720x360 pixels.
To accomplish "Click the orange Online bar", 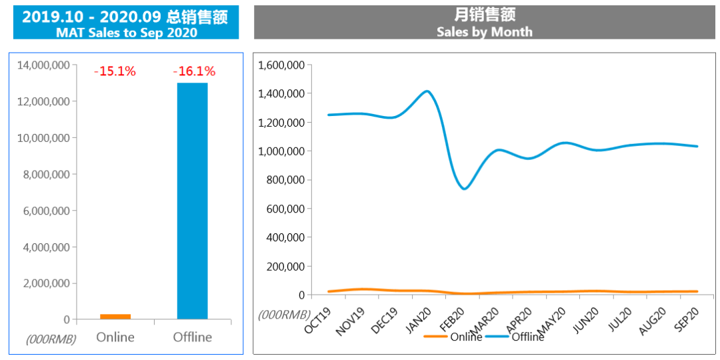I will [115, 317].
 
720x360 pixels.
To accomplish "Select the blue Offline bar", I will [192, 201].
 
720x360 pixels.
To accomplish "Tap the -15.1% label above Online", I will [115, 71].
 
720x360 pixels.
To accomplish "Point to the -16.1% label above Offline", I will [194, 71].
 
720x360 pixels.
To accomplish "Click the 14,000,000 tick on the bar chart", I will [45, 65].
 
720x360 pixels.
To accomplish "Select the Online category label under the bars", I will [115, 337].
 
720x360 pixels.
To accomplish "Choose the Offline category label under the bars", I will [192, 337].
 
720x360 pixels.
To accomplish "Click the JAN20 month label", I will [419, 321].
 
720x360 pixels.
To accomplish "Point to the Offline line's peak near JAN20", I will [427, 91].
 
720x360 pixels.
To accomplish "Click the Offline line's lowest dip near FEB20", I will [464, 189].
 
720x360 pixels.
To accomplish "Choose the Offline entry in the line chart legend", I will [527, 337].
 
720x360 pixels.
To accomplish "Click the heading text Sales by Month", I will [485, 31].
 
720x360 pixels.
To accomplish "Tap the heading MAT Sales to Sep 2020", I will [127, 33].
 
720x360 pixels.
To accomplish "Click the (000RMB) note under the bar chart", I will [51, 339].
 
